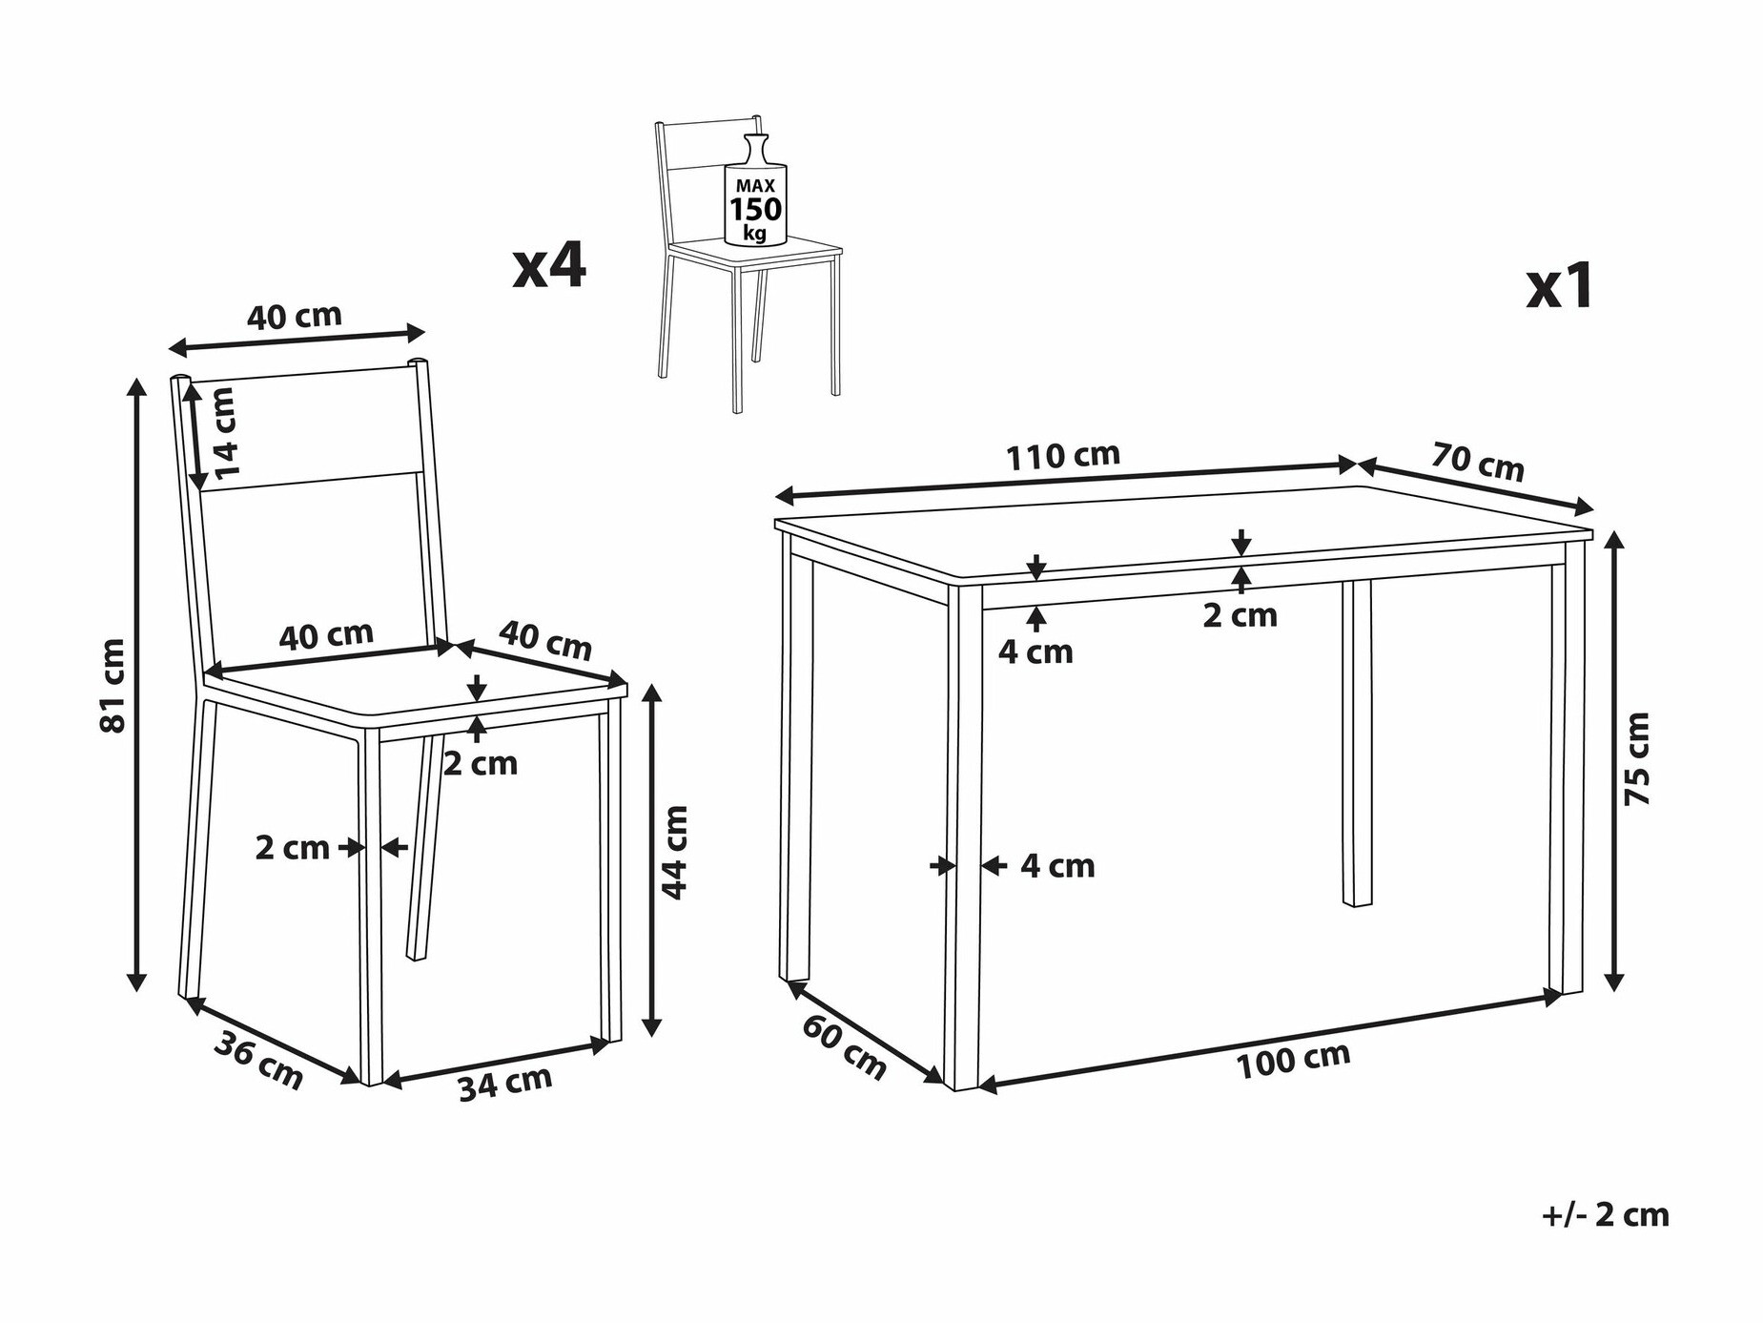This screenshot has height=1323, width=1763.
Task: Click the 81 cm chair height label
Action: pos(113,686)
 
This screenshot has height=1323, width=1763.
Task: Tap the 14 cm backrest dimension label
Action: pos(224,433)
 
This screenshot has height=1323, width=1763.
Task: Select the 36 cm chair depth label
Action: pos(258,1060)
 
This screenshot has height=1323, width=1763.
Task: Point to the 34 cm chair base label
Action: pos(504,1083)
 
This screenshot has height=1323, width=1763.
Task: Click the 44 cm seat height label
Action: pos(674,852)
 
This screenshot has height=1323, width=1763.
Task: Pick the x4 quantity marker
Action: pos(550,265)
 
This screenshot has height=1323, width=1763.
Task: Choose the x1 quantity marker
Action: pos(1560,286)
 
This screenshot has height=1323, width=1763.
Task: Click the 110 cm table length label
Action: pos(1063,456)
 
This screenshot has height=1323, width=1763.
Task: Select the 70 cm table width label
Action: pos(1478,463)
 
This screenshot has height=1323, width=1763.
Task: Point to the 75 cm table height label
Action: pos(1637,758)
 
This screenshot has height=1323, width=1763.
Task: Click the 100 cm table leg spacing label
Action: pos(1293,1061)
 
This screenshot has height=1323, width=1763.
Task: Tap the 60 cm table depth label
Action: pos(844,1046)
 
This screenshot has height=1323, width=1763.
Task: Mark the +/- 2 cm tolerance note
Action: pos(1606,1215)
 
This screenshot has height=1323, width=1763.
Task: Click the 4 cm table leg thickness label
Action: pos(1057,866)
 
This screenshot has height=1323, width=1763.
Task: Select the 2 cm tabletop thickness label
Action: pos(1240,615)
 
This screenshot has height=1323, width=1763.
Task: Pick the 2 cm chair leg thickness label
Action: pos(292,847)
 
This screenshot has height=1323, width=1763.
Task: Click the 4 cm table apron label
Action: pos(1035,651)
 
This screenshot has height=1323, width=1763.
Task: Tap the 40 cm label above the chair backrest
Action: pos(295,317)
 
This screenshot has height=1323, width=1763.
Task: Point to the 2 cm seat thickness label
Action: pos(481,763)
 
